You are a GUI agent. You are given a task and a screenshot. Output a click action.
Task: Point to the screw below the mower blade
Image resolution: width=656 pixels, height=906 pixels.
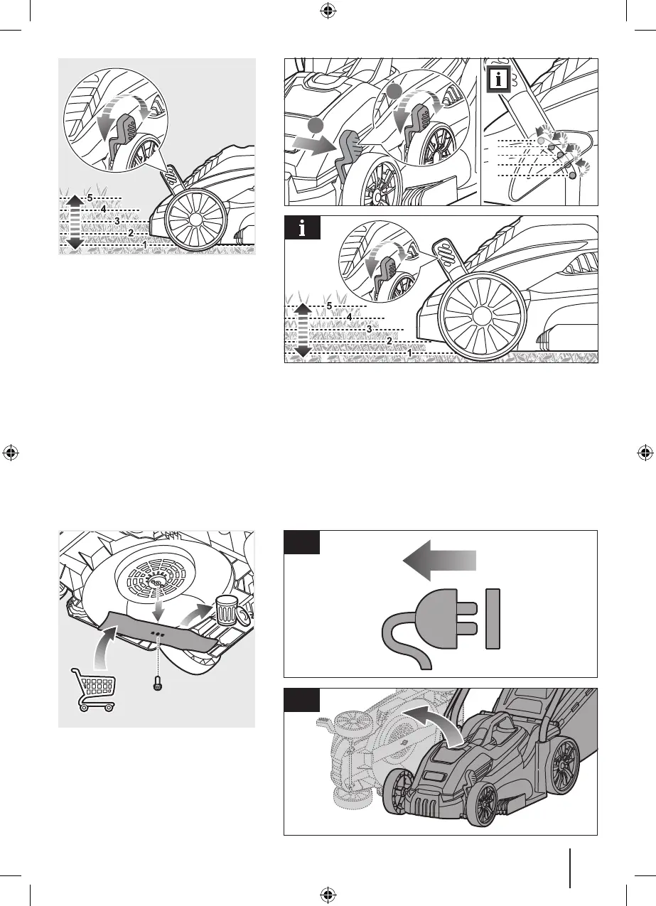158,684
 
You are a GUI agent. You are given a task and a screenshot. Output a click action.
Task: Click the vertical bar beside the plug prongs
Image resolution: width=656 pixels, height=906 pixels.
493,619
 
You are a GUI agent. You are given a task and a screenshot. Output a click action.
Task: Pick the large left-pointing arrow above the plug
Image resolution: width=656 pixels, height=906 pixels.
440,561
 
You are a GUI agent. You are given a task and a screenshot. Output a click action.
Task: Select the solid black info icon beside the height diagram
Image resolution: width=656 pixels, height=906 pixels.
303,227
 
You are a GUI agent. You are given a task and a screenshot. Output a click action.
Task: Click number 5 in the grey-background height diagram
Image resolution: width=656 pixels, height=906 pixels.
90,198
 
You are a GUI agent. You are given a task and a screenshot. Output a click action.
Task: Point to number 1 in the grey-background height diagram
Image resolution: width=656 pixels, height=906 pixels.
145,244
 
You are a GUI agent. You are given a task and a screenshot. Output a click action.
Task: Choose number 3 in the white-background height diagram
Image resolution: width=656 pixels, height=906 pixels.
370,330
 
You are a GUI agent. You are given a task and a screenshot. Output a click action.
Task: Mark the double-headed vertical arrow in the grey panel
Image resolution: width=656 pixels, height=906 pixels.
74,222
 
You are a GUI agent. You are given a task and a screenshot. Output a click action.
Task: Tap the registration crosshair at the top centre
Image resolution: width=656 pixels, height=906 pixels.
328,12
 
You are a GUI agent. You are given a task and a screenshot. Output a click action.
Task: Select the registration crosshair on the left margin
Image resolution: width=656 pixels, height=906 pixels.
11,453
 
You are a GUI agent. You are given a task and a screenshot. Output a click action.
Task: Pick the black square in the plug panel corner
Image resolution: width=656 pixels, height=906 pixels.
302,542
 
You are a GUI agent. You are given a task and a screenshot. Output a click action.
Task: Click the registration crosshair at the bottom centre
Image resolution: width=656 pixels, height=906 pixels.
328,894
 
